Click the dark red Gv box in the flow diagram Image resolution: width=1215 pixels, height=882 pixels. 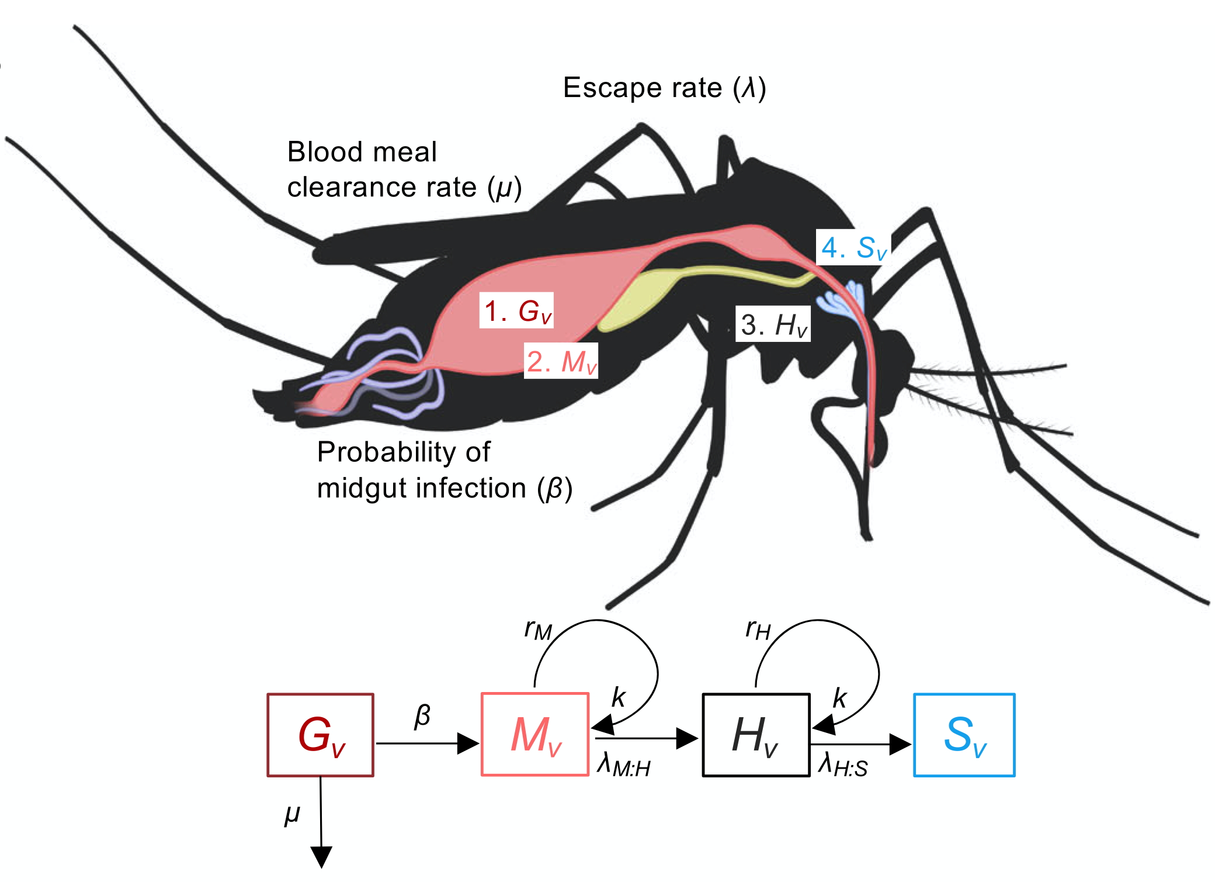pos(320,735)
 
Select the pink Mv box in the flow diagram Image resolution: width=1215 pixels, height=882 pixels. pos(534,735)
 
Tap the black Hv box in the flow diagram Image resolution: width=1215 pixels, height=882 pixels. pos(755,735)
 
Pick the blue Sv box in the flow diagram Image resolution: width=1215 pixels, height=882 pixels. pos(964,735)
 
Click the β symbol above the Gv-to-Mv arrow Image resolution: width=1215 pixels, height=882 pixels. pos(422,715)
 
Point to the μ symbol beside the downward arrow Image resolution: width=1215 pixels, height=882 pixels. pos(292,813)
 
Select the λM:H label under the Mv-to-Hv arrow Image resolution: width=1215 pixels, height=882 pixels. pos(623,765)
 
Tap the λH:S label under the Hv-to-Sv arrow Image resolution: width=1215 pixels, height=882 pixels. pos(842,765)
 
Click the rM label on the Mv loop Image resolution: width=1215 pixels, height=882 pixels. pos(538,629)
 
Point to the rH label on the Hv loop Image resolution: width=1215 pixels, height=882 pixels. pos(758,629)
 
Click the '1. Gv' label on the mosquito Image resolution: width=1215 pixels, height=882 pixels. pos(516,310)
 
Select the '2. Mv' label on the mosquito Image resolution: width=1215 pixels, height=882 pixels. pos(561,361)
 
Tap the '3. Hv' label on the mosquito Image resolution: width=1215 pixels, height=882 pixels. pos(773,324)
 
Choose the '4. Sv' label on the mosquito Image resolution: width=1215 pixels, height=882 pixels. pos(853,247)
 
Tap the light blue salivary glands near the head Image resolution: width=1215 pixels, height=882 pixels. pos(841,298)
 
